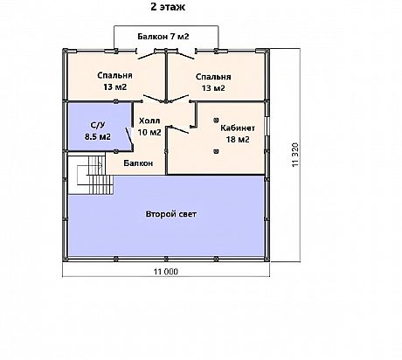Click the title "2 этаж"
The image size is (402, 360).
168,7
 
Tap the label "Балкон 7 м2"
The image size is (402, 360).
163,37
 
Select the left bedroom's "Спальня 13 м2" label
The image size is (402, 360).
114,81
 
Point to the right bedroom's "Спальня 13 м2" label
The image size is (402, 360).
213,82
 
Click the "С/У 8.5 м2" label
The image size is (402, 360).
98,131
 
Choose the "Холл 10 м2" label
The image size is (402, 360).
149,127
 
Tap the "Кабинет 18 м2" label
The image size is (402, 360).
238,134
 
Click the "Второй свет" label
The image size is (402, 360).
171,214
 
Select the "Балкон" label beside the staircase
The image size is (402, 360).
138,163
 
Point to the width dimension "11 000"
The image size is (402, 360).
166,272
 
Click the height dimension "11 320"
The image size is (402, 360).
295,155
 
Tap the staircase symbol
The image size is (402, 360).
95,175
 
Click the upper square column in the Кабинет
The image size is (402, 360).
216,120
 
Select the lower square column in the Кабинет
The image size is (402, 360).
216,151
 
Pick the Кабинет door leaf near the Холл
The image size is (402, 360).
179,129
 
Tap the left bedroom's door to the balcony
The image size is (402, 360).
145,56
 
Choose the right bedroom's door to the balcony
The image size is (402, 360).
185,56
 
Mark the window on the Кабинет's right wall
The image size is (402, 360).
267,127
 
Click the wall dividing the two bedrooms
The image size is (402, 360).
166,76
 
